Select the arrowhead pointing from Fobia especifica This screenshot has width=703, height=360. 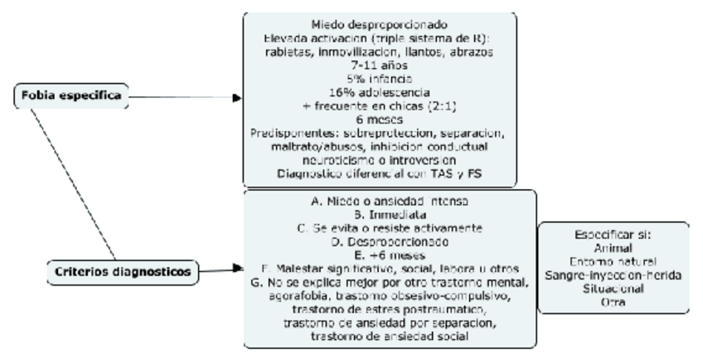(x=238, y=97)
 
